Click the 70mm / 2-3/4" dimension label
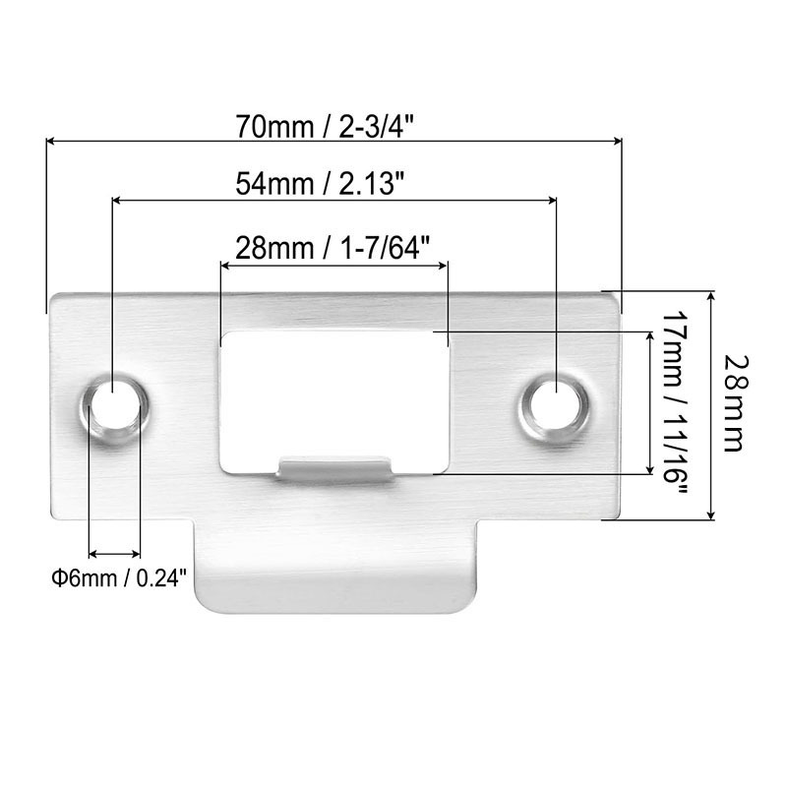pos(333,126)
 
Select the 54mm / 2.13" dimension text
pos(333,183)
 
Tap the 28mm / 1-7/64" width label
pos(333,246)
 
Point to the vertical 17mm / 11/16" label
pos(673,403)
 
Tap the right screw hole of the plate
pos(556,404)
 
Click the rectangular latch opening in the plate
pos(334,393)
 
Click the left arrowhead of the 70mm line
pos(52,142)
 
